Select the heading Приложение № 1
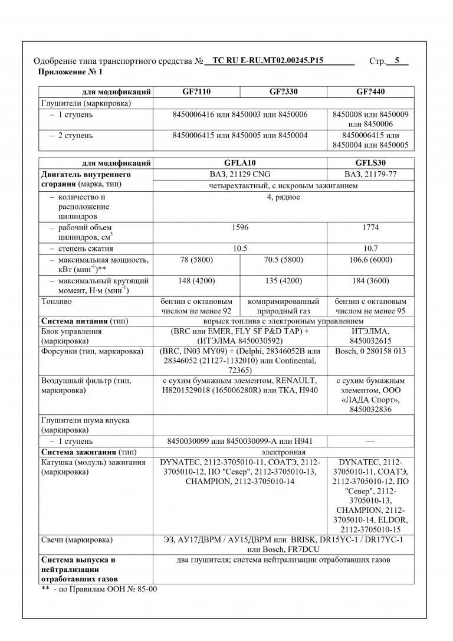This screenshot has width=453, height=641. tap(70, 72)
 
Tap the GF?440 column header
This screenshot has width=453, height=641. tap(370, 92)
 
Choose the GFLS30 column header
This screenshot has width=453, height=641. tap(370, 163)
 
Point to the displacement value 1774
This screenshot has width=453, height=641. tap(370, 227)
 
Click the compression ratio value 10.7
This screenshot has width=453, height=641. tap(370, 248)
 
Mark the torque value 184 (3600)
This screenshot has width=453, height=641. tap(370, 280)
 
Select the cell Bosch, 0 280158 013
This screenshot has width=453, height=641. tap(370, 351)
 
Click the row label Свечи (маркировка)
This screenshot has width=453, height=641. tap(77, 539)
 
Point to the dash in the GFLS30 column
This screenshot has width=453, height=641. tap(370, 441)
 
